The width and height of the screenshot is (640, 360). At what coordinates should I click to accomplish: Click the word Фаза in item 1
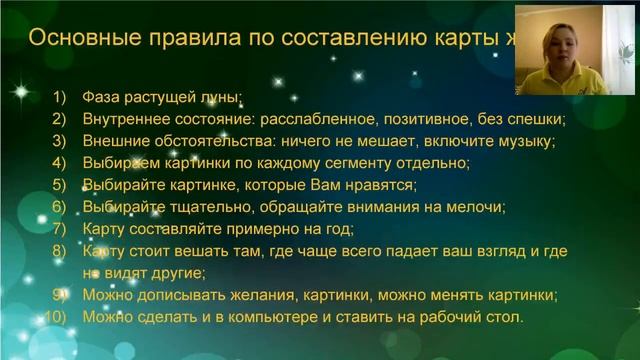coord(101,97)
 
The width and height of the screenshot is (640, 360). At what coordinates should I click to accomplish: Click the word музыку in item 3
coord(525,141)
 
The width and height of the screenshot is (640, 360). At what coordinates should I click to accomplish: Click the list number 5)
coord(59,185)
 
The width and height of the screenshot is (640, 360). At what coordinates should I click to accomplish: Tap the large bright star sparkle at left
coord(20,91)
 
